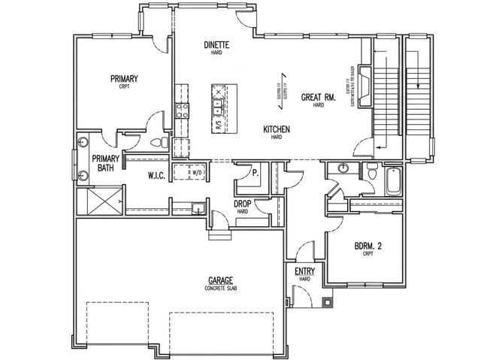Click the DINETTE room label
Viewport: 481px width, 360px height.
point(216,45)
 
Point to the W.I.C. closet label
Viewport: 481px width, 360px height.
point(156,175)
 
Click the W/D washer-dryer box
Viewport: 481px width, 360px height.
point(198,172)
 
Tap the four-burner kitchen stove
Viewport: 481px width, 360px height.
point(181,111)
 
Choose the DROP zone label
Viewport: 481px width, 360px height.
point(242,204)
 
